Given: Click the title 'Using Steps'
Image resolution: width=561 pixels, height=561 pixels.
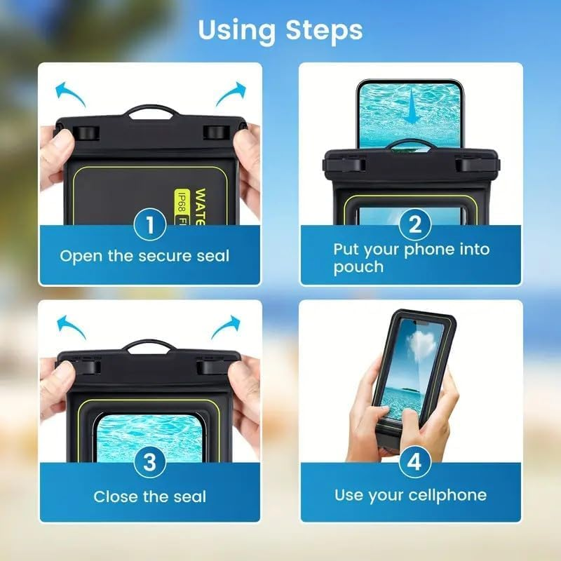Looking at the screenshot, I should coord(280,30).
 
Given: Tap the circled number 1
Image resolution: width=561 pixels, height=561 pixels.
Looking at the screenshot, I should coord(149,226).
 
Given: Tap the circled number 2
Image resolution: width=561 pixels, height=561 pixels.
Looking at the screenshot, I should coord(414,226).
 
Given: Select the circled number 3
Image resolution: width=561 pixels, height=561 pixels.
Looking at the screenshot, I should coord(149,463).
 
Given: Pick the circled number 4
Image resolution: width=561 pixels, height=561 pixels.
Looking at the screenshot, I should coord(414,463).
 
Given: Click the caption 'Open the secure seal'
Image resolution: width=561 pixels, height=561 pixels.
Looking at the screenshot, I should coord(144,256).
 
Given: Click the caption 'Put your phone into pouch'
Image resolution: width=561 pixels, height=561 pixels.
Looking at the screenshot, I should coord(411,257).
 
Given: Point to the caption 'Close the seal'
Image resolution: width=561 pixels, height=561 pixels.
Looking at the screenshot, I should coord(149,497).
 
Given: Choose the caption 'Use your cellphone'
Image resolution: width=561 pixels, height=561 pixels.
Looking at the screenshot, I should coord(410,495).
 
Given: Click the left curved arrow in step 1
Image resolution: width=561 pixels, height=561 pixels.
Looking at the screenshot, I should coord(69,93).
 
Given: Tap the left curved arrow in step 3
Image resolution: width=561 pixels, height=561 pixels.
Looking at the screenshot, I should coord(69,327).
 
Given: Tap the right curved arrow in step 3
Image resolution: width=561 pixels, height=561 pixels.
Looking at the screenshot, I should coord(226,327).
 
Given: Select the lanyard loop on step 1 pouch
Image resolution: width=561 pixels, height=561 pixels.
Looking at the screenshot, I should coord(150,112).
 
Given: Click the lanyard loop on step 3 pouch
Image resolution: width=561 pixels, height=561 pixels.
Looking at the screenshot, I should coord(149,346).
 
